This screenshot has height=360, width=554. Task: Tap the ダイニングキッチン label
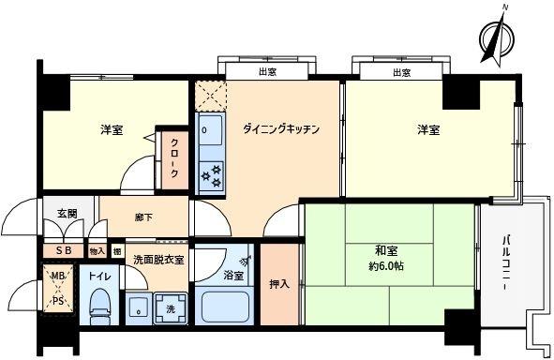[281, 129]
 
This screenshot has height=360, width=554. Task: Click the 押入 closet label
[278, 282]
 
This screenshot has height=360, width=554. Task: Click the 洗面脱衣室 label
[157, 259]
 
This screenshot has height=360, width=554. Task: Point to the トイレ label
[99, 277]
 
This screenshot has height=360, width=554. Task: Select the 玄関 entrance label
[66, 215]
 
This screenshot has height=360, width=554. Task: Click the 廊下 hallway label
[143, 217]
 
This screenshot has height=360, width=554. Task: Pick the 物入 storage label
[97, 251]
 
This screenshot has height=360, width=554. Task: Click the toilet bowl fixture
[99, 305]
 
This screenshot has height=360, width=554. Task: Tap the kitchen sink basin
[209, 128]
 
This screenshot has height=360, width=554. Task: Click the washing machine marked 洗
[170, 307]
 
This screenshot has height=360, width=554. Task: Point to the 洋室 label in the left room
[111, 132]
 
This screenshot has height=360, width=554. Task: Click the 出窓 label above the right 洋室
[401, 72]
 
